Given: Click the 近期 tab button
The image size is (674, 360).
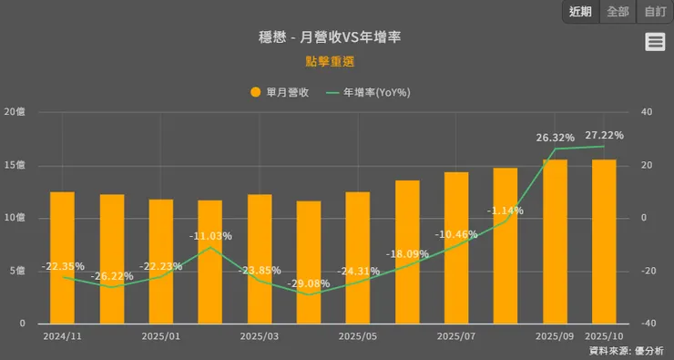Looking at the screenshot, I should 580,12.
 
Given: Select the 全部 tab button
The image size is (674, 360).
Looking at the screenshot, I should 618,12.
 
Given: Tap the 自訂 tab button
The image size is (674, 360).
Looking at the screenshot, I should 655,12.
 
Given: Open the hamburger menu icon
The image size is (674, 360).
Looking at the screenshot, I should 655,41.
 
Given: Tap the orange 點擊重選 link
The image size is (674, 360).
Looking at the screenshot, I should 331,62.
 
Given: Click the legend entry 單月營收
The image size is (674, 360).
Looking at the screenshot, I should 280,92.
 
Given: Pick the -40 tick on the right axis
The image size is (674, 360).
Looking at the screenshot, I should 648,324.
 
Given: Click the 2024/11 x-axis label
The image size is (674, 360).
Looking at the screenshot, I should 62,335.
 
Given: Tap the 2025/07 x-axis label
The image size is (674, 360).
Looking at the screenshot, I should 456,335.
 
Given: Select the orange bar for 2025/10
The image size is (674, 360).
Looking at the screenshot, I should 604,242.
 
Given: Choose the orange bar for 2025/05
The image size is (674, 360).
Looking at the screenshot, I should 358,258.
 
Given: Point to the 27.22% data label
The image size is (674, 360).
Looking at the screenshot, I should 604,136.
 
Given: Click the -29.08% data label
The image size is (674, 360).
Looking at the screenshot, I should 309,284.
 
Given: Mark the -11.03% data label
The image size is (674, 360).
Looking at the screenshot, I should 210,236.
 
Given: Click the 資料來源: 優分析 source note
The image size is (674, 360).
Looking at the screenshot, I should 626,351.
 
